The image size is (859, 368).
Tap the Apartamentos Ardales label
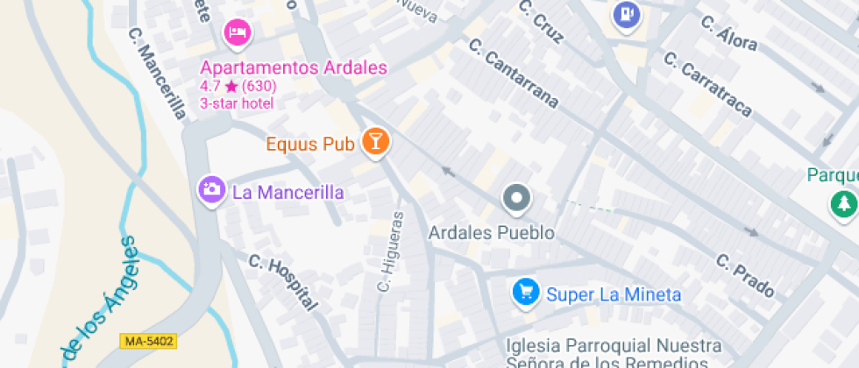pyautogui.click(x=294, y=67)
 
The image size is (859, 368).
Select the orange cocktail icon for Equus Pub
pyautogui.click(x=376, y=142)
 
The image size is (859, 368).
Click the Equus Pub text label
pyautogui.click(x=310, y=143)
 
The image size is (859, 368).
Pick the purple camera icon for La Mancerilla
pyautogui.click(x=211, y=190)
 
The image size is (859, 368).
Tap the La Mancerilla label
pyautogui.click(x=288, y=192)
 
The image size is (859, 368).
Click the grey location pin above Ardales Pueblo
pyautogui.click(x=516, y=199)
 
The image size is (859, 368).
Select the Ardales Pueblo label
pyautogui.click(x=491, y=233)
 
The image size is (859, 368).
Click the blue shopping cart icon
pyautogui.click(x=525, y=293)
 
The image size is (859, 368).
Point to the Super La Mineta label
pyautogui.click(x=614, y=294)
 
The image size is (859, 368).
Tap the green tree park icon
pyautogui.click(x=843, y=203)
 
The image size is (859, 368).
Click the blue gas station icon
pyautogui.click(x=626, y=14)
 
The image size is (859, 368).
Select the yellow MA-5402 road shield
pyautogui.click(x=149, y=341)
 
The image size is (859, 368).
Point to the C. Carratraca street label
pyautogui.click(x=707, y=84)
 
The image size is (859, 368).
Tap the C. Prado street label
pyautogui.click(x=745, y=275)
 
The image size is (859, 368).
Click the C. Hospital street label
pyautogui.click(x=282, y=282)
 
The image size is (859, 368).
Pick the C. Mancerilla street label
pyautogui.click(x=157, y=74)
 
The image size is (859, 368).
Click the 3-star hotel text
pyautogui.click(x=237, y=103)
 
